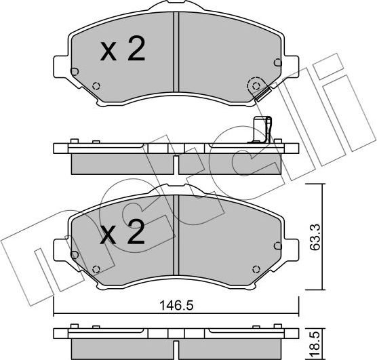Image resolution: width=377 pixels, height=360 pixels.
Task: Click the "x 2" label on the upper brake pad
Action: coord(123,52)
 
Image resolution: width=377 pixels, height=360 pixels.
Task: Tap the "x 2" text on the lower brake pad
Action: coord(123,234)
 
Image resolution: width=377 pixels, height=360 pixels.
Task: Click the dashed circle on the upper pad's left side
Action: coord(96,86)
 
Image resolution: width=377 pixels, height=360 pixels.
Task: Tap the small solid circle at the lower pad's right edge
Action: coord(275,245)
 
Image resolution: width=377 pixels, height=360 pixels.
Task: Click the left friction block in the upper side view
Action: coord(122,163)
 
